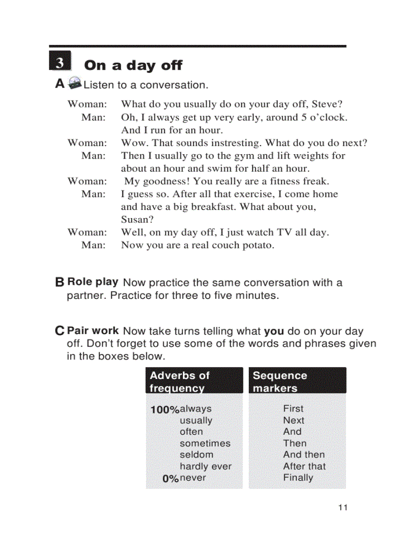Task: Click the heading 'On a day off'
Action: click(133, 65)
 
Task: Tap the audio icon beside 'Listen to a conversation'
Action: click(75, 83)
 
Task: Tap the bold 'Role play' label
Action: click(92, 281)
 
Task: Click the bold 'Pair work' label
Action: click(92, 331)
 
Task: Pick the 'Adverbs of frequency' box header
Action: click(194, 381)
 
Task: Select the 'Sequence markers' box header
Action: click(297, 381)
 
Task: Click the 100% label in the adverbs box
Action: click(165, 410)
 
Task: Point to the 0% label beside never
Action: click(170, 479)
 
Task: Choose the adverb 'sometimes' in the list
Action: click(205, 443)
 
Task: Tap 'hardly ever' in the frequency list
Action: click(205, 467)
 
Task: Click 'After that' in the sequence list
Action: click(304, 467)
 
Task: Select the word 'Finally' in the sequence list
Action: click(298, 478)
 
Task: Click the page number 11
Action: click(343, 508)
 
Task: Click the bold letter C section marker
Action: click(60, 332)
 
